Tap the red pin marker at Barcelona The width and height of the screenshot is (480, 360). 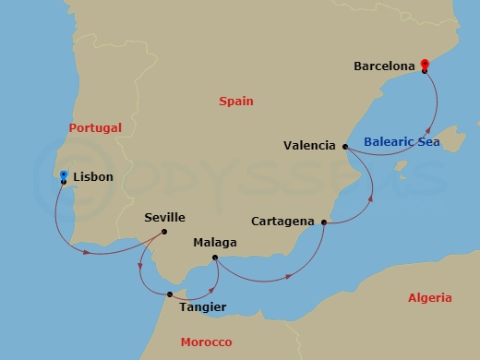(425, 64)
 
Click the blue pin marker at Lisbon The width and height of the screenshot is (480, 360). (63, 174)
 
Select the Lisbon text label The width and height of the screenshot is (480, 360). (94, 175)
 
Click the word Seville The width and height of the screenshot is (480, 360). (165, 218)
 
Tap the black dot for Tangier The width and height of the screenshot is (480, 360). (170, 295)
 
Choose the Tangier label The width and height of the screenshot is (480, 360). (201, 306)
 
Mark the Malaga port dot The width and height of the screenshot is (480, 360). (214, 258)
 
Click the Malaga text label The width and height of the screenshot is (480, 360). (215, 243)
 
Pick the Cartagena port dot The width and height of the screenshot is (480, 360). (323, 222)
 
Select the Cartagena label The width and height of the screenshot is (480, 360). (282, 222)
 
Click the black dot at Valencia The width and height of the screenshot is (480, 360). (344, 147)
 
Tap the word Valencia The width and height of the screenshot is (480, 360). (309, 145)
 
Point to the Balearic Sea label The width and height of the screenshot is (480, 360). (402, 142)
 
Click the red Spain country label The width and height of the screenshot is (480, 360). (236, 102)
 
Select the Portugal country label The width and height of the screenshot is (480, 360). (95, 128)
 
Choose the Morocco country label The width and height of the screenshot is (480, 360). (207, 342)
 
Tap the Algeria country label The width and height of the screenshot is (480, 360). (429, 298)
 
